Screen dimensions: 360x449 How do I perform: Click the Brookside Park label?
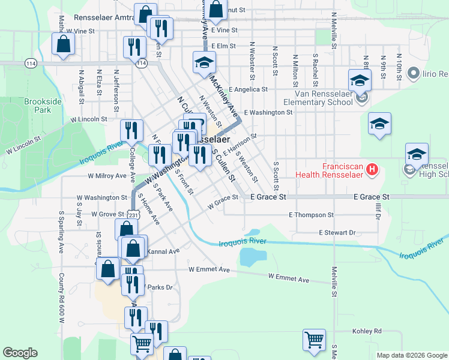point(43,106)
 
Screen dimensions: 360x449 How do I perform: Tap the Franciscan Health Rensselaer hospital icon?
point(372,169)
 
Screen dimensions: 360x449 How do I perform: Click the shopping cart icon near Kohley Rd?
point(314,340)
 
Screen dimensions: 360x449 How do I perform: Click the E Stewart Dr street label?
point(337,232)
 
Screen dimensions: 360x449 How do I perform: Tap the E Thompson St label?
point(311,214)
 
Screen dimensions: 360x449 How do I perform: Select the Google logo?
point(20,353)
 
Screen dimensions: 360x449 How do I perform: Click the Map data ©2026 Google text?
point(411,355)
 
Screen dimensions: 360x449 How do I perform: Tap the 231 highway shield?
point(133,214)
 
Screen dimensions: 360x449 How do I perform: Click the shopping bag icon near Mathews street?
point(63,44)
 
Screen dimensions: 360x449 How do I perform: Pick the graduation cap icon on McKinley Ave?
point(204,62)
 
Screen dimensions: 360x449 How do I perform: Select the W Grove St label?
point(107,214)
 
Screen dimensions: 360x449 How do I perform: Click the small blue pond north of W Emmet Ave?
point(253,256)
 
